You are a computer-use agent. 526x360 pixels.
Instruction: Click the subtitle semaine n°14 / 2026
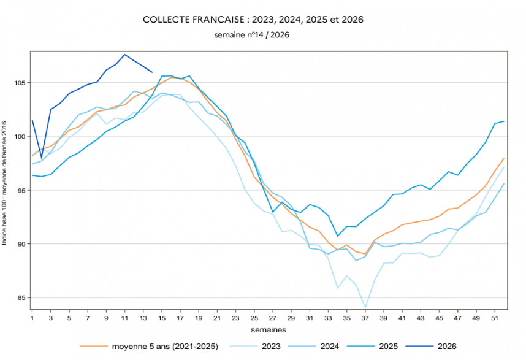252,35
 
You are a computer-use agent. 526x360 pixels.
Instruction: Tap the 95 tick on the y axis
22,191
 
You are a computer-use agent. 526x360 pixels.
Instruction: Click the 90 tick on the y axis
22,244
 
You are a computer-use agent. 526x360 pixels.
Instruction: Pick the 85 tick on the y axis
22,298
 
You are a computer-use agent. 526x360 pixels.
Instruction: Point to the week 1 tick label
32,319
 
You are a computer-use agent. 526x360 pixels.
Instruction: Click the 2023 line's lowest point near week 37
365,307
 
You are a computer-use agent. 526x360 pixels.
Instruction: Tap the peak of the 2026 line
124,55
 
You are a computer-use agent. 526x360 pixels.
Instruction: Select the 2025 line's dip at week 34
338,236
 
